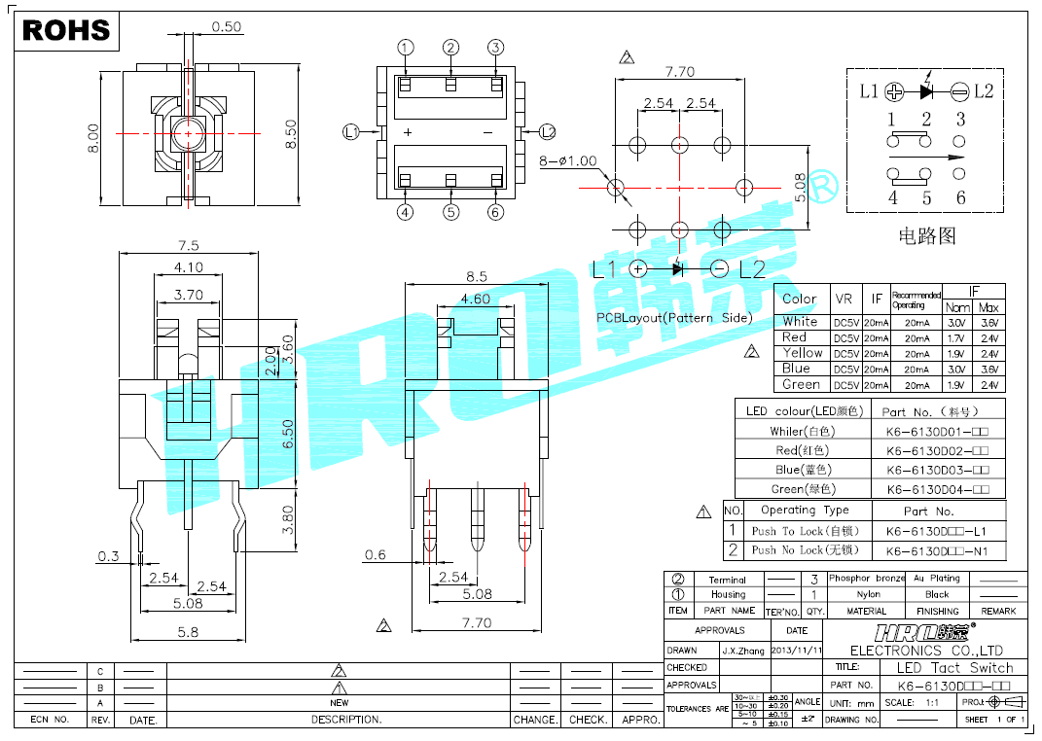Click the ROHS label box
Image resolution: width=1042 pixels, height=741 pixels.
click(x=66, y=30)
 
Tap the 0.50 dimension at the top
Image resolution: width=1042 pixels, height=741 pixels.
click(x=226, y=27)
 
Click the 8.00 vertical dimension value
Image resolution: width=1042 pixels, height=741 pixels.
click(x=93, y=137)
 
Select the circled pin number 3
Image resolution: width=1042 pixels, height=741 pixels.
click(x=495, y=48)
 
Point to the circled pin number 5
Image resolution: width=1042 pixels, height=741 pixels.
click(x=450, y=212)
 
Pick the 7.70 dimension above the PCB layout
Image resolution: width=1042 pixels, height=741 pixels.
click(x=679, y=72)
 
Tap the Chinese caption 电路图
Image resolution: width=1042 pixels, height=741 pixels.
click(x=926, y=235)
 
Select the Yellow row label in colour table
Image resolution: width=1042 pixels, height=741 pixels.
click(x=802, y=353)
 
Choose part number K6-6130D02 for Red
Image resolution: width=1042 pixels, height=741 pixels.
click(x=937, y=450)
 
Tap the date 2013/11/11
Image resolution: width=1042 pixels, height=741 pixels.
click(x=797, y=650)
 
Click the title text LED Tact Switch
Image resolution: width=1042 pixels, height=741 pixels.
click(x=953, y=668)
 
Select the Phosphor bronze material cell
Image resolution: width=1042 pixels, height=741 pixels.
click(x=866, y=578)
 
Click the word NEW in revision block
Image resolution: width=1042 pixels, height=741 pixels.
click(x=339, y=702)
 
